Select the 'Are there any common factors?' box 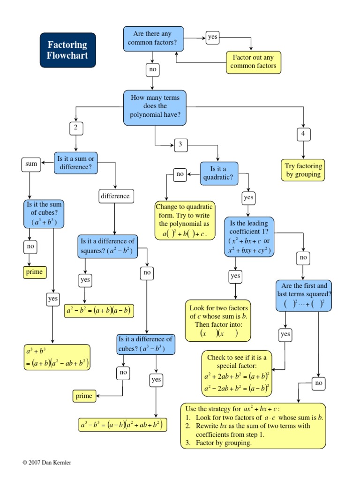click(x=155, y=38)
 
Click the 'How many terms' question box click(x=155, y=108)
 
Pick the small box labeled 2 click(x=75, y=127)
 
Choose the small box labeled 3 click(x=180, y=145)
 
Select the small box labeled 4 click(x=303, y=134)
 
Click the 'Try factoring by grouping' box click(x=304, y=170)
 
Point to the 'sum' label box click(x=31, y=165)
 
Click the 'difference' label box click(x=116, y=196)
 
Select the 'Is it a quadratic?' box click(x=219, y=174)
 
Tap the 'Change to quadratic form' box click(x=184, y=220)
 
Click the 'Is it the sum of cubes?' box click(x=44, y=213)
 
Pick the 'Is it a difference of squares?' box click(x=108, y=246)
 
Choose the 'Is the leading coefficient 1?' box click(x=249, y=237)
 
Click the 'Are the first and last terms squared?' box click(x=303, y=296)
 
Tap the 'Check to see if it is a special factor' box click(x=237, y=373)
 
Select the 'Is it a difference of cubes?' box click(x=146, y=344)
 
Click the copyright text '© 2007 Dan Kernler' click(x=47, y=462)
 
